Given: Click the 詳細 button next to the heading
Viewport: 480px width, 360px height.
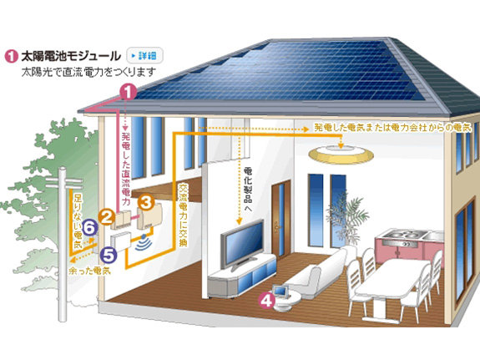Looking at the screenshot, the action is [x=144, y=56].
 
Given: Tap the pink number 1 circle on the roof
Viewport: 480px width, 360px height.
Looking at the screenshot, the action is [x=129, y=92].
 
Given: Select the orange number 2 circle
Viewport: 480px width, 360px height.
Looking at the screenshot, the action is [x=107, y=218].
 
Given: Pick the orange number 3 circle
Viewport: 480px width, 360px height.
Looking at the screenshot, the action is [x=147, y=202].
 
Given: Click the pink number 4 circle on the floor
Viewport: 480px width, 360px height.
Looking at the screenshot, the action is [x=267, y=300].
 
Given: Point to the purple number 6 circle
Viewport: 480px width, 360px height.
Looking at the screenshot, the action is [x=90, y=228].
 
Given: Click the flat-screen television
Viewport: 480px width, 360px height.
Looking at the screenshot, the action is [x=242, y=245].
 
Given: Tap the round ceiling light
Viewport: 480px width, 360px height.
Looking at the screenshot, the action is [x=341, y=154].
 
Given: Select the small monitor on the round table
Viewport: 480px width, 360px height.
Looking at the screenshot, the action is [x=280, y=291].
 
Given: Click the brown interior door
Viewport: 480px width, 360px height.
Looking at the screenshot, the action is [x=281, y=220].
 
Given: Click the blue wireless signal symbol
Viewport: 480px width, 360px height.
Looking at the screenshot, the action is [x=144, y=242].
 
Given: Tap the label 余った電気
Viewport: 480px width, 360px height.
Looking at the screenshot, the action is [x=90, y=271].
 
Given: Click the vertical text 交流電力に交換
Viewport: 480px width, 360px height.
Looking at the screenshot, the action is [x=183, y=215].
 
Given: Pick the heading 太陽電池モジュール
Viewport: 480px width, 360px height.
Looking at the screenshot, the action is [x=71, y=56].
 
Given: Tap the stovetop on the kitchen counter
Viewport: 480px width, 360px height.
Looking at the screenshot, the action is [x=401, y=236].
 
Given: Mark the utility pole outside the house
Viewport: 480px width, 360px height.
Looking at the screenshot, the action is [x=63, y=244].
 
